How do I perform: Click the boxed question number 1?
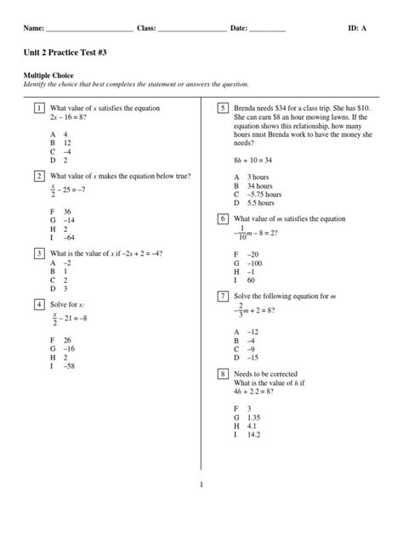click(39, 110)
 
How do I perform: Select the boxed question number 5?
click(222, 110)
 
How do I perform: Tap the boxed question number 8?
click(222, 373)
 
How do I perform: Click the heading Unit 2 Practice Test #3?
click(65, 54)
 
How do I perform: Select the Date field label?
click(239, 29)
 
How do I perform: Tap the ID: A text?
click(358, 29)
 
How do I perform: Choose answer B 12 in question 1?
click(60, 143)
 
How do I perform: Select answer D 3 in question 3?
click(60, 288)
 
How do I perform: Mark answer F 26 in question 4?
click(61, 340)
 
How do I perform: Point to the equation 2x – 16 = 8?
click(71, 118)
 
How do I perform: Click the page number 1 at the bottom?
click(201, 485)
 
